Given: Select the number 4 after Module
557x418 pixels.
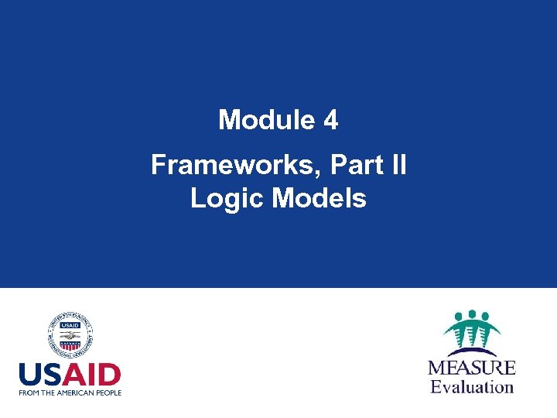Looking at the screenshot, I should [330, 120].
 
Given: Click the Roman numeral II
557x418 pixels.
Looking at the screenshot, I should [398, 165].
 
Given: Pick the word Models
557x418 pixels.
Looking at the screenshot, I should [319, 199].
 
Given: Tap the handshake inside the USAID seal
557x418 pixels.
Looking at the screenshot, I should [70, 341].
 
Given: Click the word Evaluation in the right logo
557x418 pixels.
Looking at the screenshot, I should [472, 385].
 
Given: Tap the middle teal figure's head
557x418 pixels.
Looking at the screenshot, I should [472, 317].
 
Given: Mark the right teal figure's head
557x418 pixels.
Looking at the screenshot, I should [486, 317].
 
